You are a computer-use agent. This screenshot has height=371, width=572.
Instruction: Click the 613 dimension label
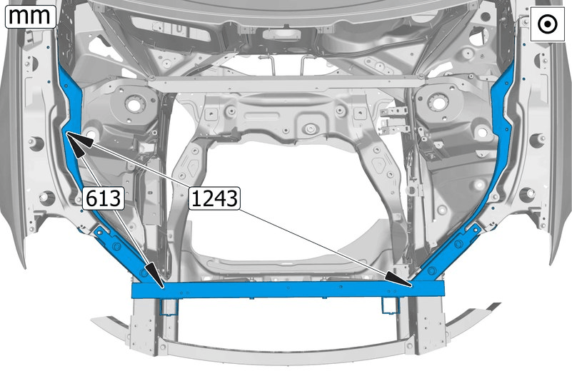[x=104, y=198]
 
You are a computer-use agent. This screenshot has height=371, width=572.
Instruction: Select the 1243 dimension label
[x=214, y=198]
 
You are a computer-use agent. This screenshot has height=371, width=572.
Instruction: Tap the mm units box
[x=30, y=16]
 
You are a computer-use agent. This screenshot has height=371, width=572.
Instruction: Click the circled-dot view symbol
[x=547, y=24]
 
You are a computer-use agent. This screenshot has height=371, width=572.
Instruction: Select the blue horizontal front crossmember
[x=288, y=290]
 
